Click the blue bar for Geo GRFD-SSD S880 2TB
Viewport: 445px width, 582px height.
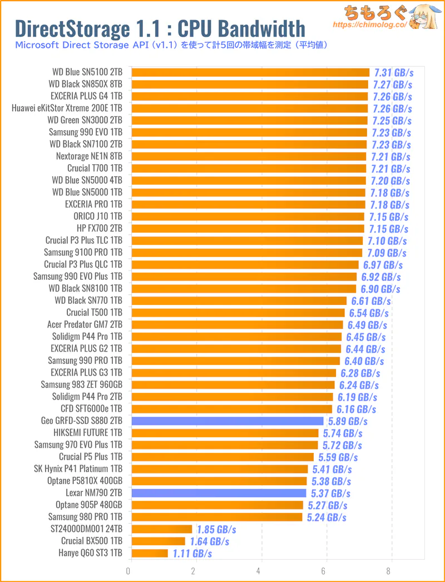(227, 421)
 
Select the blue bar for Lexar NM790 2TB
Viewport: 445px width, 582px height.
(218, 493)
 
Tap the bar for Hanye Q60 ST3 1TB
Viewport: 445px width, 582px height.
(149, 553)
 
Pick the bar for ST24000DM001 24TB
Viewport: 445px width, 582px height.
(161, 529)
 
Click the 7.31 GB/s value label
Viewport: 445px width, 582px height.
(394, 72)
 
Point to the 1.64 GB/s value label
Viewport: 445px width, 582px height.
(209, 541)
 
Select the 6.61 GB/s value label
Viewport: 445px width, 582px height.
(370, 301)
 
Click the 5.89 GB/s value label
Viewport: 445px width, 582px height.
(348, 421)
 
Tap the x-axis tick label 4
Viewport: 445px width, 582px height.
(259, 571)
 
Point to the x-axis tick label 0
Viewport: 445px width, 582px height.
(128, 571)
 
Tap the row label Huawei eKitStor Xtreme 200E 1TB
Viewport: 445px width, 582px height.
(67, 108)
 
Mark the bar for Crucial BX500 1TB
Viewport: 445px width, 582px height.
(157, 541)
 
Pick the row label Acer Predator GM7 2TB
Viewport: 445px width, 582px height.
(85, 324)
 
